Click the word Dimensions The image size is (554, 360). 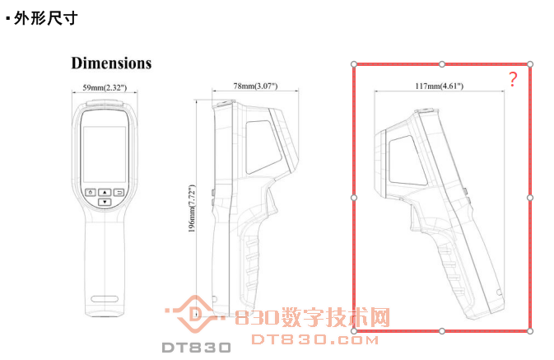pyautogui.click(x=111, y=63)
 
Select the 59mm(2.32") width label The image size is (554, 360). pyautogui.click(x=104, y=87)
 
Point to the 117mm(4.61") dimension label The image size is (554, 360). pyautogui.click(x=440, y=85)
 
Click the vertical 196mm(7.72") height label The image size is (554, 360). pyautogui.click(x=191, y=210)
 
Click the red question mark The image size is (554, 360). pyautogui.click(x=513, y=80)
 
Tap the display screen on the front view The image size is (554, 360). pyautogui.click(x=104, y=154)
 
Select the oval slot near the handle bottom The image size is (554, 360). pyautogui.click(x=105, y=298)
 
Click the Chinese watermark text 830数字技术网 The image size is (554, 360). pyautogui.click(x=313, y=318)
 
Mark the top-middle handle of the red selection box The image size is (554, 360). pyautogui.click(x=442, y=63)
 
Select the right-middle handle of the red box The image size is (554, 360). pyautogui.click(x=530, y=198)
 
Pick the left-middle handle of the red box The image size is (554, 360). pyautogui.click(x=354, y=198)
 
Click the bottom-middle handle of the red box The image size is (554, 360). pyautogui.click(x=442, y=331)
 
